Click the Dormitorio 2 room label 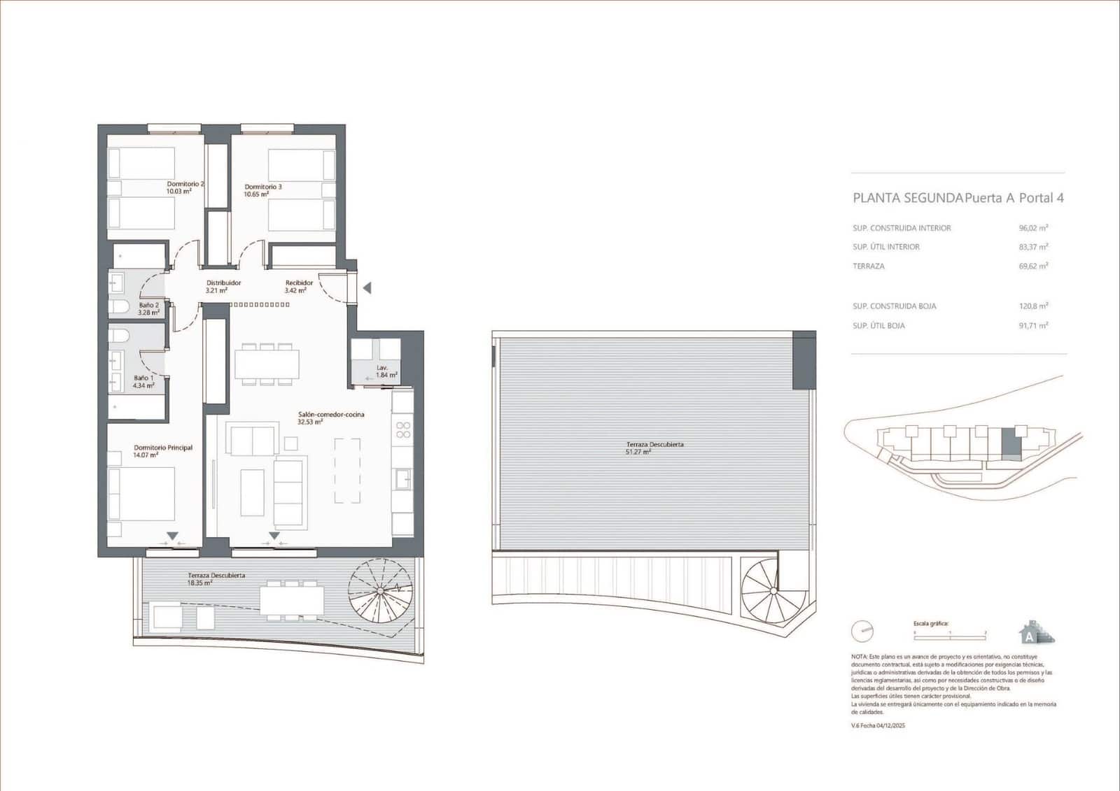185,184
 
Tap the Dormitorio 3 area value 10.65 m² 256,194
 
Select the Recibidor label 299,283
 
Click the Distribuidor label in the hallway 223,283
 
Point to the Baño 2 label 148,305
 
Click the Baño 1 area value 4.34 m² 143,385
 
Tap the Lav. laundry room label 382,367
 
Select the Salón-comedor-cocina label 331,415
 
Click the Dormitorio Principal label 163,448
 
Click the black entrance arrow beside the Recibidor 367,288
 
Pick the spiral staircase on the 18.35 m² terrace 379,590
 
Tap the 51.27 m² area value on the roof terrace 638,452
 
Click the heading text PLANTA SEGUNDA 907,198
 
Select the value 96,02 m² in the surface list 1033,228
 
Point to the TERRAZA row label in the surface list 869,266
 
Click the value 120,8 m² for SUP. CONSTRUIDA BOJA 1033,306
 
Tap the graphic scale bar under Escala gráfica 950,632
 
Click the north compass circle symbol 862,632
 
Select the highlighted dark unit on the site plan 1010,443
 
